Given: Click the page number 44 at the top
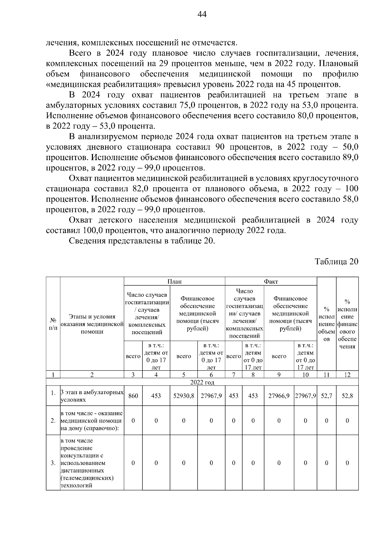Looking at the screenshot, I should [x=202, y=14].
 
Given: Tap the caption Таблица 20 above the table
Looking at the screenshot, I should [x=336, y=261].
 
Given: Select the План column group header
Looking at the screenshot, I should [x=175, y=281].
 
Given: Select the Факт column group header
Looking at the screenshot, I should [x=271, y=281].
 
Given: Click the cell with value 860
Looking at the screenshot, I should [x=133, y=396].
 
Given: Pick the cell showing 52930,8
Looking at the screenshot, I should [x=184, y=396].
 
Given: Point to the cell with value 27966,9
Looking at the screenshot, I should [x=279, y=396].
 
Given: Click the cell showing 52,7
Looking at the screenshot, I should [x=326, y=396].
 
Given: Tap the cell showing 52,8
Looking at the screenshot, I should [x=347, y=396].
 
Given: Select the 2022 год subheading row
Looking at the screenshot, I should [x=202, y=382].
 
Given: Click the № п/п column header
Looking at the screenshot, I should [x=53, y=324].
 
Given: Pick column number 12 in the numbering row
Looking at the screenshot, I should [x=347, y=375].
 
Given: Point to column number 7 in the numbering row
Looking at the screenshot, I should [x=234, y=375].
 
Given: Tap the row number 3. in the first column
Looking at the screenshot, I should [x=53, y=463].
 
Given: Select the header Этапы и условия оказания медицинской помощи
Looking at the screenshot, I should [x=92, y=324].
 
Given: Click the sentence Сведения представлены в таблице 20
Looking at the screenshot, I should [x=142, y=241].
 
